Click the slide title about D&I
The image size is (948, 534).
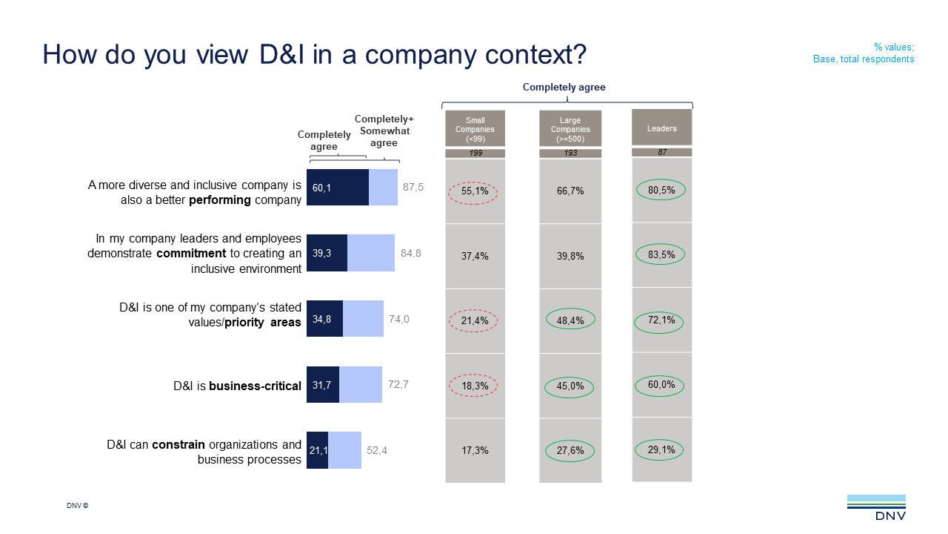click(314, 55)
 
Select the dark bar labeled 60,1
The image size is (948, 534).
click(338, 188)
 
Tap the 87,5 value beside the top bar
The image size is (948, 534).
click(413, 188)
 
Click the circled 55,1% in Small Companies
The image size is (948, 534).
click(475, 191)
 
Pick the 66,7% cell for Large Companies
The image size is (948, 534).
click(570, 191)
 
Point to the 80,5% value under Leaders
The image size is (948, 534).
click(661, 191)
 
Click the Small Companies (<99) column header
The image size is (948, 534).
click(475, 129)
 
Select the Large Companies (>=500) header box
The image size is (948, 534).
click(570, 129)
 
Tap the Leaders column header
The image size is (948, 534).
click(661, 128)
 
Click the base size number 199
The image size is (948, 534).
click(475, 154)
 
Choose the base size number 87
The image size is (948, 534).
click(661, 153)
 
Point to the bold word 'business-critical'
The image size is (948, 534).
click(256, 386)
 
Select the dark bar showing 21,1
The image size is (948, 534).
click(317, 450)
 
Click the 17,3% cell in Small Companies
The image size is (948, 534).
click(475, 451)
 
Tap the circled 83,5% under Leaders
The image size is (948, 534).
click(661, 255)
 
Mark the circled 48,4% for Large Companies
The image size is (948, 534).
click(570, 320)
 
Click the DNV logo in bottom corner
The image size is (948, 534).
click(876, 507)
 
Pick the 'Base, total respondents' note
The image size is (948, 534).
click(864, 59)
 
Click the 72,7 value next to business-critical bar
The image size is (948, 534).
click(398, 385)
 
